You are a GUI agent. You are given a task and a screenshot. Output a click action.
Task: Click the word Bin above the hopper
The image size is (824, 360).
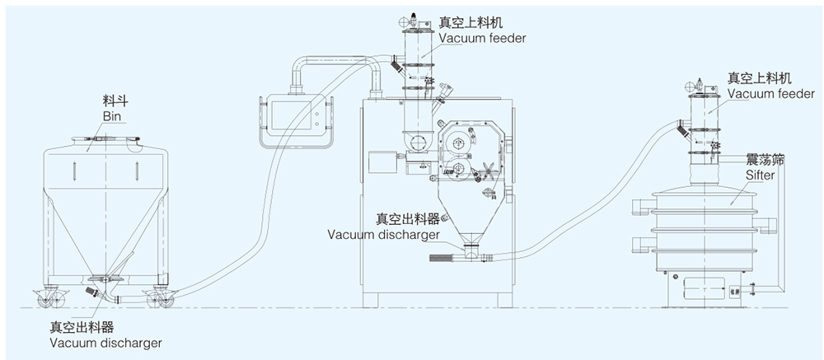113,117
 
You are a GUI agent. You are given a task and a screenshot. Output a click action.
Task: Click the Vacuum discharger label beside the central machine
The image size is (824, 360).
382,233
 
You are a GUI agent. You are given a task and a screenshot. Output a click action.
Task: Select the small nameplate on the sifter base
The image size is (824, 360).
735,289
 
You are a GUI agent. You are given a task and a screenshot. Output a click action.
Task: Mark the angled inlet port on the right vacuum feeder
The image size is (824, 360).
678,128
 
